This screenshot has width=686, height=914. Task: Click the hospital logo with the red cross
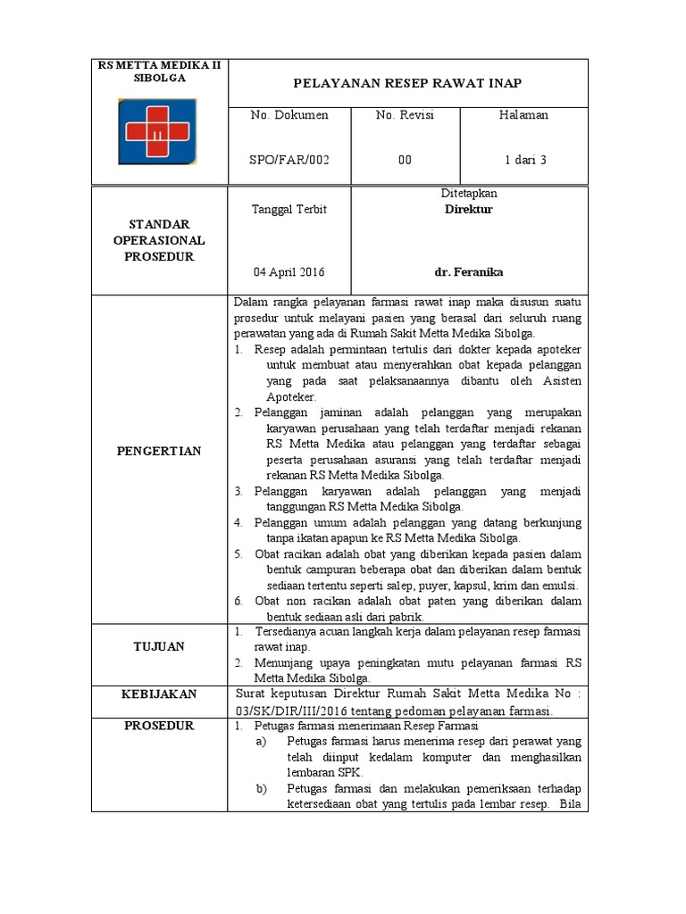pos(161,132)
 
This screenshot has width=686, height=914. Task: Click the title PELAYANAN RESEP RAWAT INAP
pos(407,84)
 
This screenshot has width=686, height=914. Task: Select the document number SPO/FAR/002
pos(289,160)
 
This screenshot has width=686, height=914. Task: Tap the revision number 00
pos(405,160)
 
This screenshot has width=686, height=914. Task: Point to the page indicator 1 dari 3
pos(525,160)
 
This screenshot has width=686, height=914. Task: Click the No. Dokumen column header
pos(289,115)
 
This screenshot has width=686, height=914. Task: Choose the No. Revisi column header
pos(405,115)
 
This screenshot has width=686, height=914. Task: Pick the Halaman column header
pos(525,115)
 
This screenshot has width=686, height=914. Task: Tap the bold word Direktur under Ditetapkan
pos(469,210)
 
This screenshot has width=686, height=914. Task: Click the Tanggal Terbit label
pos(289,210)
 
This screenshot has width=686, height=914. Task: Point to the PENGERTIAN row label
pos(160,452)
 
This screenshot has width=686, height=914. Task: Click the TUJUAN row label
pos(160,646)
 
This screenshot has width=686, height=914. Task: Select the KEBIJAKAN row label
pos(160,694)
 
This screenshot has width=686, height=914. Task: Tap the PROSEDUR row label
pos(160,727)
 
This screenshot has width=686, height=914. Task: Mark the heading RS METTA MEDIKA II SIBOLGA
pos(161,71)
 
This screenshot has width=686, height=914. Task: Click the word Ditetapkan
pos(469,194)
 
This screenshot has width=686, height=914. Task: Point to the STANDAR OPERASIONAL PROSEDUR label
pos(160,240)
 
